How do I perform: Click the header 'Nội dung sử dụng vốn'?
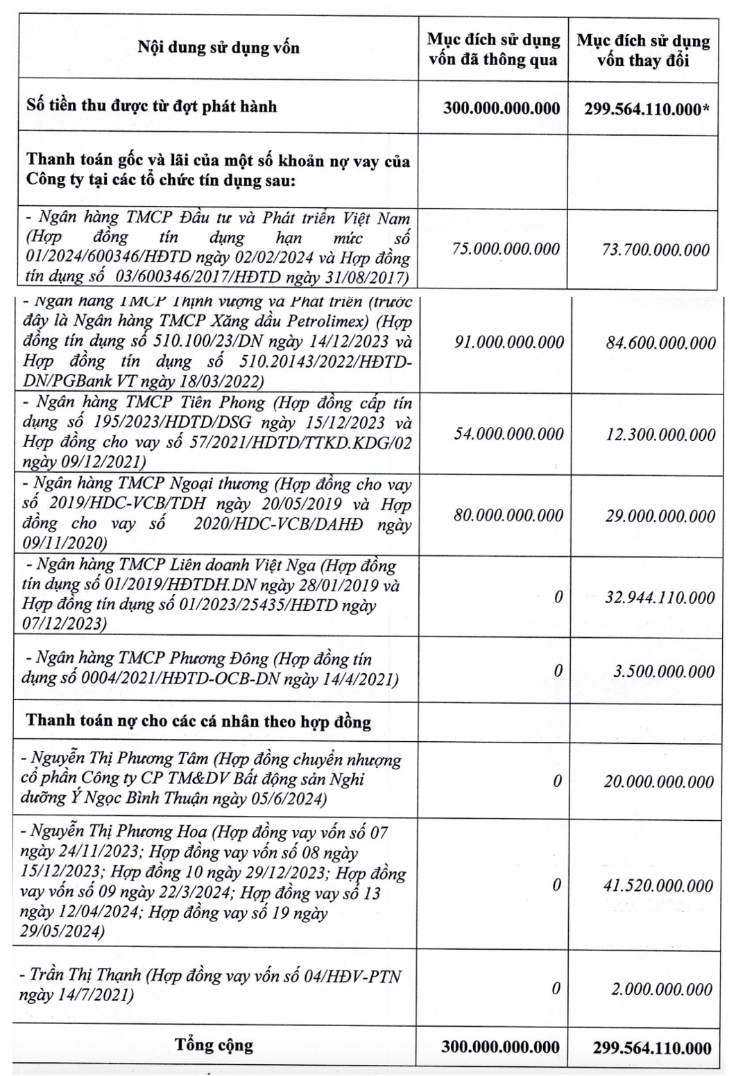coord(219,48)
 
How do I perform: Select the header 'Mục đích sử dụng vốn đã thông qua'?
coord(493,49)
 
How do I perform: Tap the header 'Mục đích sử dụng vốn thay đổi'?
coord(643,50)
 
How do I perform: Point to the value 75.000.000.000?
coord(506,250)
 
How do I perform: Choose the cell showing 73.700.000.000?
coord(656,250)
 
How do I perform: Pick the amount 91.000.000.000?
coord(508,342)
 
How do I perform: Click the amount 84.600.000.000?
coord(660,343)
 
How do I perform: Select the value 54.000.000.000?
coord(508,434)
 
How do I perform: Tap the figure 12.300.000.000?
coord(660,435)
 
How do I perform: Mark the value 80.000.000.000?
coord(508,516)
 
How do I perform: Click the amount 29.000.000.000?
coord(660,517)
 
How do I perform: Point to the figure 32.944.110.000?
coord(660,598)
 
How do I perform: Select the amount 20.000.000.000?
coord(658,782)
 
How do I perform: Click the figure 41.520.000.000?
coord(658,886)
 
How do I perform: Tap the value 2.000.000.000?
coord(661,989)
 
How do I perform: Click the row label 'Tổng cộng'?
coord(214,1045)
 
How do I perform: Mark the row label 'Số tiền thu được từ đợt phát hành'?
coord(152,106)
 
